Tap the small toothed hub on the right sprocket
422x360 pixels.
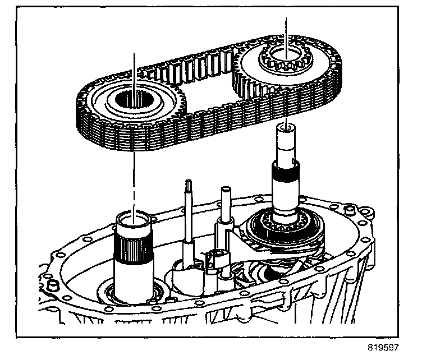pyautogui.click(x=286, y=57)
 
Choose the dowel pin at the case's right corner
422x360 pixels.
pyautogui.click(x=352, y=211)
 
